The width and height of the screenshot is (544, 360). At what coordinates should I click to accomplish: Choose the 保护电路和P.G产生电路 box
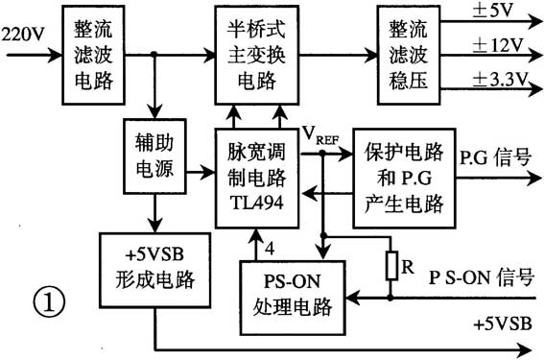point(403,178)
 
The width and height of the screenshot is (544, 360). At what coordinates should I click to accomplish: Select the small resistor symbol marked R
point(391,265)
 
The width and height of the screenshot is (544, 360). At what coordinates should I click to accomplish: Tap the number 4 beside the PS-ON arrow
point(270,246)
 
